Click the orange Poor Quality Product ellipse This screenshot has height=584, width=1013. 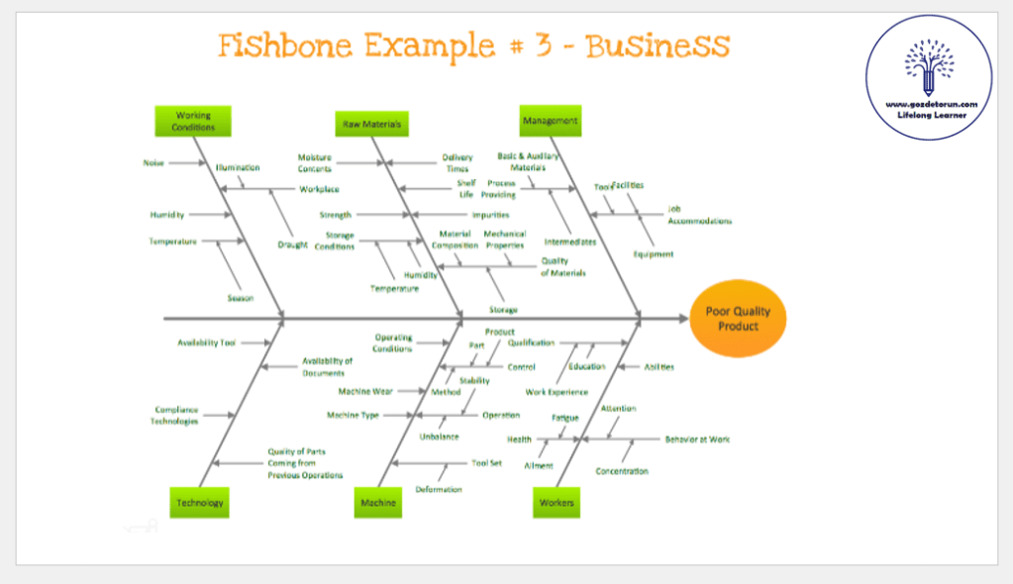click(x=738, y=319)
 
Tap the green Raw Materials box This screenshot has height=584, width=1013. click(x=372, y=124)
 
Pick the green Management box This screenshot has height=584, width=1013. click(x=550, y=121)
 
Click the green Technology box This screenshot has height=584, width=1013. click(x=200, y=502)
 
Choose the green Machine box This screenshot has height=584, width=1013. click(x=378, y=502)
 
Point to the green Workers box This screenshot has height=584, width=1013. click(x=557, y=502)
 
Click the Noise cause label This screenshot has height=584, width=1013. click(x=153, y=162)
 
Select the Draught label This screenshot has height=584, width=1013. click(x=292, y=244)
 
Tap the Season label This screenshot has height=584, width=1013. click(x=241, y=298)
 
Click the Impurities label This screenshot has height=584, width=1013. click(x=490, y=215)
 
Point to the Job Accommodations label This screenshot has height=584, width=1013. click(x=699, y=215)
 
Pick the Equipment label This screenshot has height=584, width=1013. click(x=654, y=254)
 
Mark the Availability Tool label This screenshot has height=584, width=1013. click(x=207, y=342)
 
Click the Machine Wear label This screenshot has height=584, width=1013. click(x=365, y=391)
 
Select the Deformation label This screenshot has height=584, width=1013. click(x=439, y=489)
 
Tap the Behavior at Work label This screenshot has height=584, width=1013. click(x=697, y=438)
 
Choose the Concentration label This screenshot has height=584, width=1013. click(x=622, y=471)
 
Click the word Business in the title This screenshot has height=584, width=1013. click(x=658, y=46)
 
